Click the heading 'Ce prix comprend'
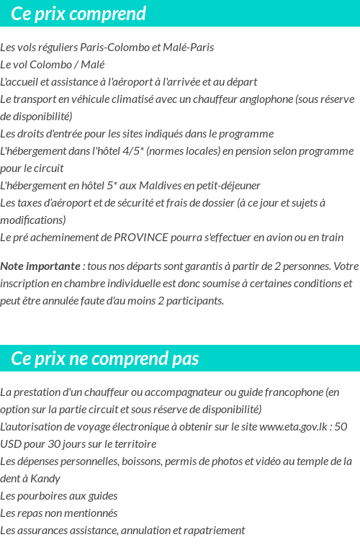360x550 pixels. [x=78, y=14]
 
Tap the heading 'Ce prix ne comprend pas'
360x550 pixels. [x=105, y=359]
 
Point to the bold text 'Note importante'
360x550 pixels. [x=40, y=266]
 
